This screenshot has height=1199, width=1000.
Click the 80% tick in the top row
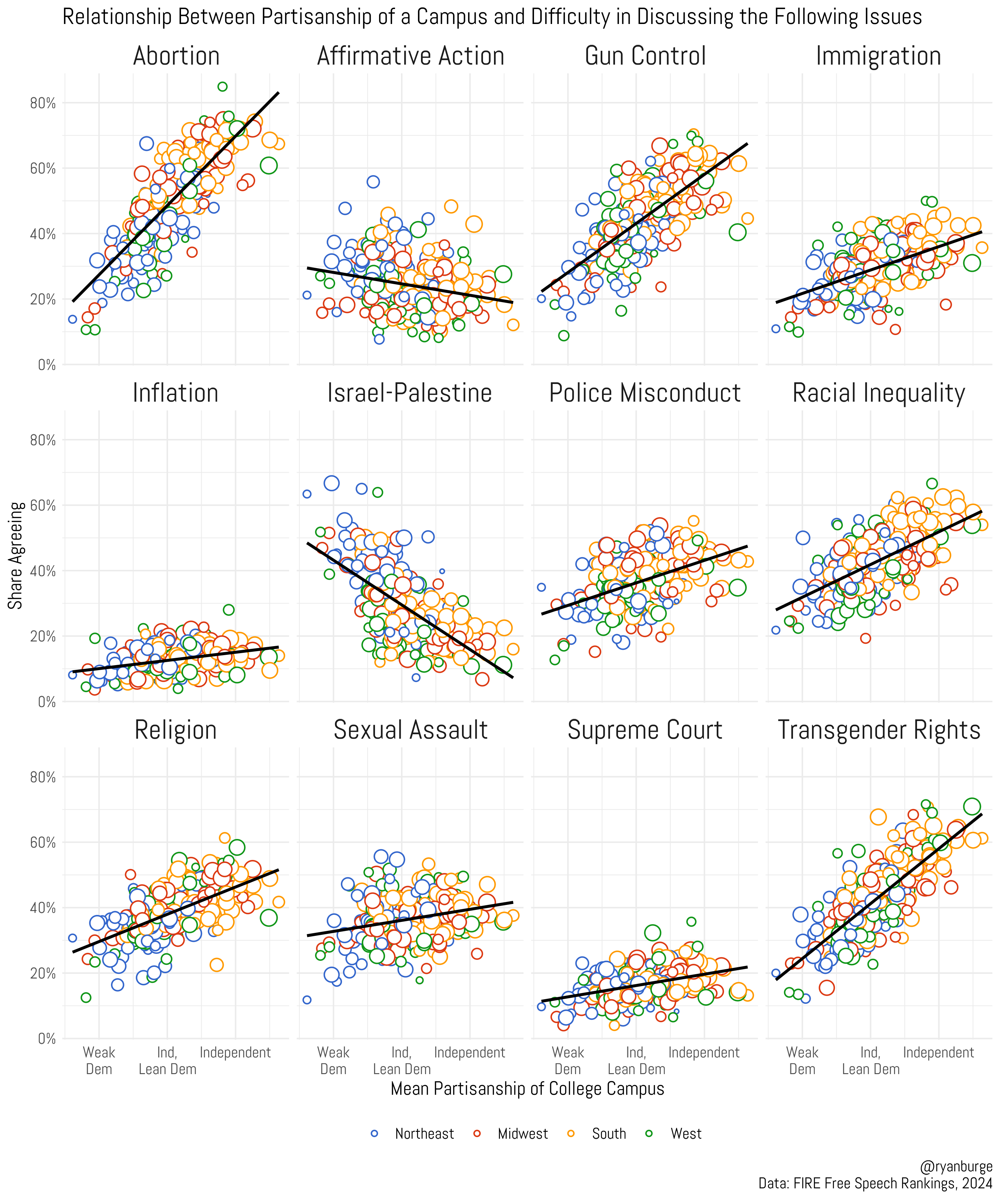(43, 103)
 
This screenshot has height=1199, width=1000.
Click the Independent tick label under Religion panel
(235, 1052)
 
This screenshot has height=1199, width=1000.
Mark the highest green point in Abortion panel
(222, 87)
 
